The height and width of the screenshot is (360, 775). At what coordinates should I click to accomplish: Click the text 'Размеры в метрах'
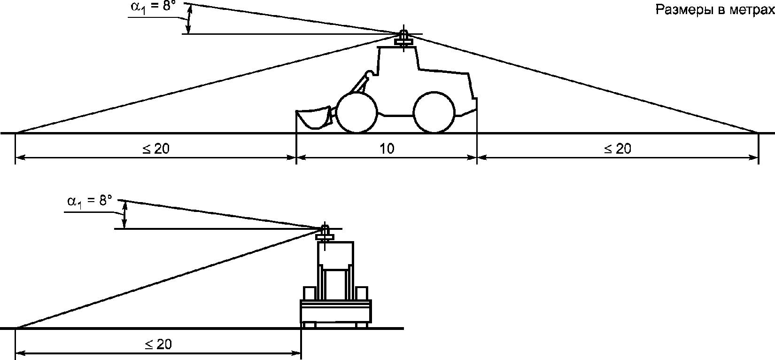click(715, 10)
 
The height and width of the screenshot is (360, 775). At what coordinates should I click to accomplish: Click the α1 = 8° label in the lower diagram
click(90, 201)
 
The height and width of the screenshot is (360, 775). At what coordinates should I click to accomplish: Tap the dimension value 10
click(387, 149)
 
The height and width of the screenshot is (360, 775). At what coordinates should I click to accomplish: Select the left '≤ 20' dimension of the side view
click(155, 149)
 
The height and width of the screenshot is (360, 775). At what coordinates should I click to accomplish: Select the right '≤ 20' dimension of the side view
click(618, 149)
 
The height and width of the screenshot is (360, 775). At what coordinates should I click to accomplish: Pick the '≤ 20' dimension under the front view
click(158, 344)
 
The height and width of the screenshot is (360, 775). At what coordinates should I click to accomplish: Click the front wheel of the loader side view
click(356, 112)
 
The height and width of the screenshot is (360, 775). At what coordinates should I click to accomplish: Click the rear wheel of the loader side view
click(434, 112)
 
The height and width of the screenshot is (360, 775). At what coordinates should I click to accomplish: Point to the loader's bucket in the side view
click(313, 119)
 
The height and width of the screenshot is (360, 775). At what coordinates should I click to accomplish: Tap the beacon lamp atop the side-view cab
click(403, 38)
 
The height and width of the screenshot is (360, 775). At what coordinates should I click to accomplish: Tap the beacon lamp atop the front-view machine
click(325, 233)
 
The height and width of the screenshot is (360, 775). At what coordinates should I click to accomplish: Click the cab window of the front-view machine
click(335, 254)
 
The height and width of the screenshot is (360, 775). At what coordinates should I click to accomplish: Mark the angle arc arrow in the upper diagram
click(188, 20)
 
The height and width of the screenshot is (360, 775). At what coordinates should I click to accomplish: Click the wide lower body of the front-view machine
click(336, 312)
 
